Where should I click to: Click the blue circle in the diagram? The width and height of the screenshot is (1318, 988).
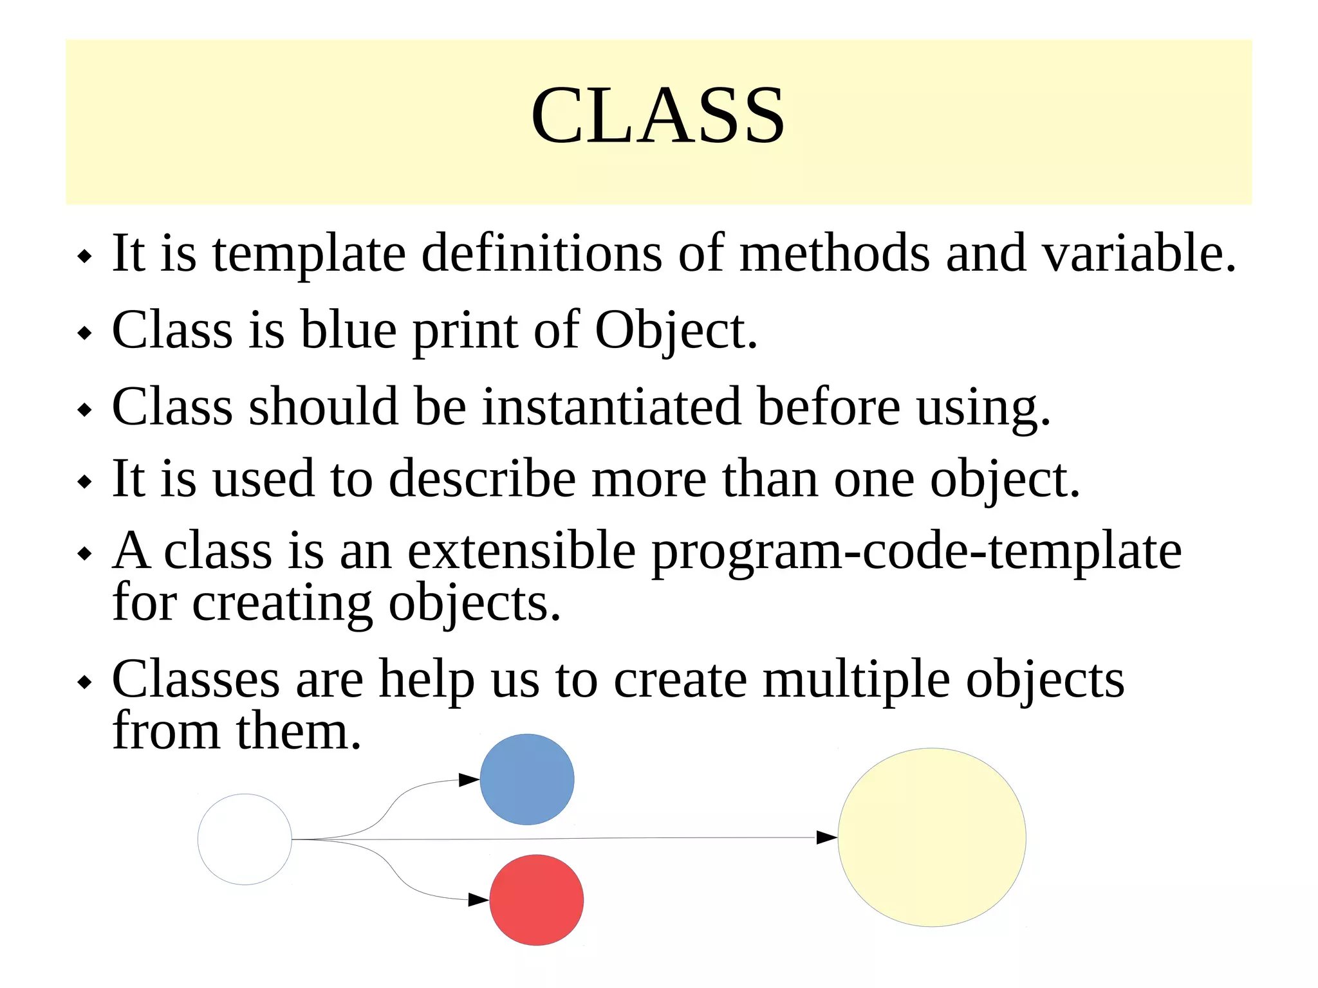526,779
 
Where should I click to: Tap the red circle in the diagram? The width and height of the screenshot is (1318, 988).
536,900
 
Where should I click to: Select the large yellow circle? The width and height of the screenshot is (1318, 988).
931,837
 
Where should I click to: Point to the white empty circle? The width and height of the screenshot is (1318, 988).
245,839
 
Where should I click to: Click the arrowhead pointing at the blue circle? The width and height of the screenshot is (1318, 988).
469,780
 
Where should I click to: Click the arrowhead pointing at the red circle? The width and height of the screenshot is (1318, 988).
478,899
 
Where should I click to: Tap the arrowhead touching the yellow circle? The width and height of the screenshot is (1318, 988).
826,837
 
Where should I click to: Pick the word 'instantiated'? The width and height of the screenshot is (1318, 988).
611,407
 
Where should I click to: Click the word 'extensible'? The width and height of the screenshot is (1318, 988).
522,552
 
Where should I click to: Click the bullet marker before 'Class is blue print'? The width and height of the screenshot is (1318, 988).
84,333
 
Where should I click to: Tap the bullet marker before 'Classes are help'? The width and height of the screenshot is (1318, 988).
84,682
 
